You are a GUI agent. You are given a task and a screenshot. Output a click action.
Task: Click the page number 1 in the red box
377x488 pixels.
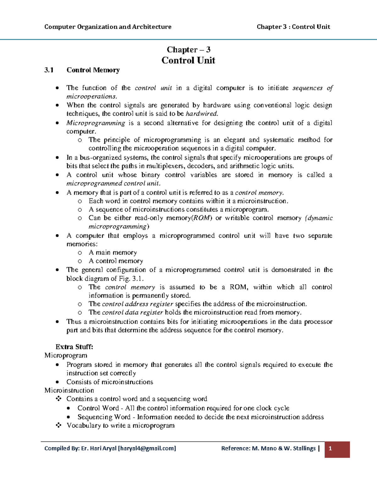coord(330,448)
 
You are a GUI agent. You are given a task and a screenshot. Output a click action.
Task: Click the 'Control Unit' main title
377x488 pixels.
coord(188,60)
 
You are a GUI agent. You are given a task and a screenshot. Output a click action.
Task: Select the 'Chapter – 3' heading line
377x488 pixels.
coord(188,50)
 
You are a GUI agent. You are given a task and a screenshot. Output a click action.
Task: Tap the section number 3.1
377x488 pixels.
coord(49,70)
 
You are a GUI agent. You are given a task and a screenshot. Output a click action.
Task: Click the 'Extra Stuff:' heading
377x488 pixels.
coord(74,347)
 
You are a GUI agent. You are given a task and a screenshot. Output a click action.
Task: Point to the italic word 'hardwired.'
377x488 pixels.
coord(202,114)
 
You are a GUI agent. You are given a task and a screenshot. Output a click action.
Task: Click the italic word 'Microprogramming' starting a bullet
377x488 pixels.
coord(96,123)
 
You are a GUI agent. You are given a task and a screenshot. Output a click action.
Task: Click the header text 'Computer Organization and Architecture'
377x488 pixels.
coord(108,27)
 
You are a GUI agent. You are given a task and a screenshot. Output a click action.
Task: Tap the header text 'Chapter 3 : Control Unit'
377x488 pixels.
coord(293,27)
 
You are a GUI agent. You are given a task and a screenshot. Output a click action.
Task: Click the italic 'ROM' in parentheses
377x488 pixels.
coord(202,218)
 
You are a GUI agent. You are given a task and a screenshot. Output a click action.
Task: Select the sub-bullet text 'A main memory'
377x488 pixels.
coord(113,253)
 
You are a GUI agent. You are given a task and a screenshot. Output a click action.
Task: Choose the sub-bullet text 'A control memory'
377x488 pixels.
coord(116,261)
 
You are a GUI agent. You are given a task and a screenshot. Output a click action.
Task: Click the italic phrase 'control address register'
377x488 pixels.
coord(138,304)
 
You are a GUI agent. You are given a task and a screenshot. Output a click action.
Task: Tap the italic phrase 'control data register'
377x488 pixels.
coord(133,313)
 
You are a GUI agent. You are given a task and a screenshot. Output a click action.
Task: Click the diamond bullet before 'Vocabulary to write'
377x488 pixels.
coord(58,425)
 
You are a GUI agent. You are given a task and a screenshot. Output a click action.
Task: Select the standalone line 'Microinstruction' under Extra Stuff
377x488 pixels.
coord(69,391)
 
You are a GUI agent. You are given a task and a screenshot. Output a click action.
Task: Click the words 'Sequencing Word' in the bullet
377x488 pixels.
coord(104,417)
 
